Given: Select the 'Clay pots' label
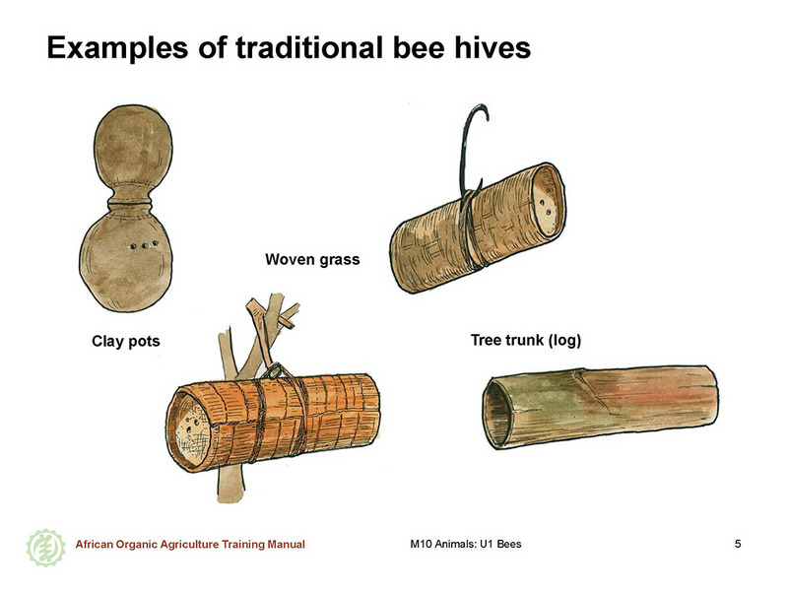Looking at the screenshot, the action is [126, 341].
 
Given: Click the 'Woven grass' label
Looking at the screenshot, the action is [312, 259].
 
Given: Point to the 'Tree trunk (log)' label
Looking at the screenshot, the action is [526, 340].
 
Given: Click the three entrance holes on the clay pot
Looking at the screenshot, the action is [144, 245].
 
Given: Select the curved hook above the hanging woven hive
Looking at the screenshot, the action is [469, 146].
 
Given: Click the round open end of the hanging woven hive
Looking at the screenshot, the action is [549, 200].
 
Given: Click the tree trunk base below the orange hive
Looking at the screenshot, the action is [231, 485].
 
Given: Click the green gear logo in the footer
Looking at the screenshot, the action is [45, 548].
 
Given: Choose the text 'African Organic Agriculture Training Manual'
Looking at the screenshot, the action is [190, 545].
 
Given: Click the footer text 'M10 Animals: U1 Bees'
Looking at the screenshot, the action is [466, 544].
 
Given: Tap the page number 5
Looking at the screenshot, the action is [738, 544].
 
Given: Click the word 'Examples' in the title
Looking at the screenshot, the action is [117, 48].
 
